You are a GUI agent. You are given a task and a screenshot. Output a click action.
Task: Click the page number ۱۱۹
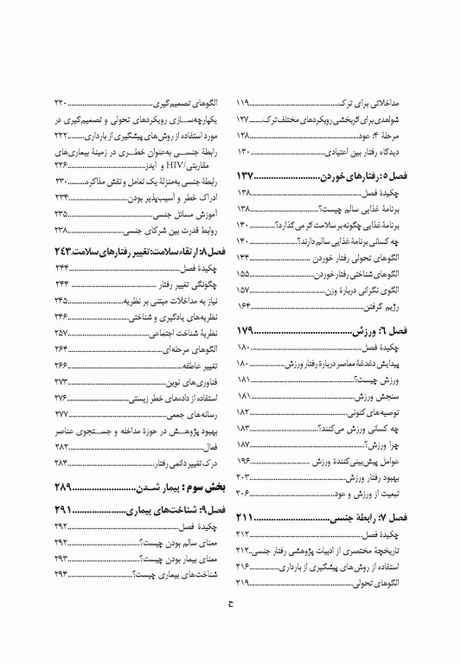(x=244, y=102)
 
